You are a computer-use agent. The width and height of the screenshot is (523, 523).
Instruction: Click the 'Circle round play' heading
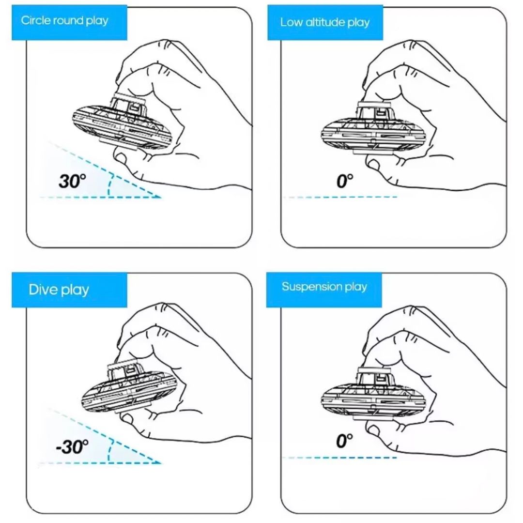coord(64,21)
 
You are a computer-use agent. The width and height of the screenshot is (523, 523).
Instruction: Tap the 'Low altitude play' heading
coord(325,22)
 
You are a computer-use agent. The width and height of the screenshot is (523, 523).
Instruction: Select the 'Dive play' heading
coord(59,290)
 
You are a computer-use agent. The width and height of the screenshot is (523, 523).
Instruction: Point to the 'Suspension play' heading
coord(324,287)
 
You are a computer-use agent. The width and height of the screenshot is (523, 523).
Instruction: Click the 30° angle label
coord(72,181)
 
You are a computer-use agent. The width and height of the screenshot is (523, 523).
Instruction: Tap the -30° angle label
coord(72,446)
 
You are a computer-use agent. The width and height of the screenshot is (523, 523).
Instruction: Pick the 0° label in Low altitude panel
coord(345,181)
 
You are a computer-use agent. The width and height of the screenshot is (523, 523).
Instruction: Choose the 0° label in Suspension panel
coord(345,441)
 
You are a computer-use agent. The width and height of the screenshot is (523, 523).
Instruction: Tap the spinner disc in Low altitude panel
coord(374,131)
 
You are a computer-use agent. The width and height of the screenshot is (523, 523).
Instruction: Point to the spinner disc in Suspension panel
coord(374,395)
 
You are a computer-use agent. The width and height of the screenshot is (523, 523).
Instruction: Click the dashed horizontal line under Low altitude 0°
coord(340,197)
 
